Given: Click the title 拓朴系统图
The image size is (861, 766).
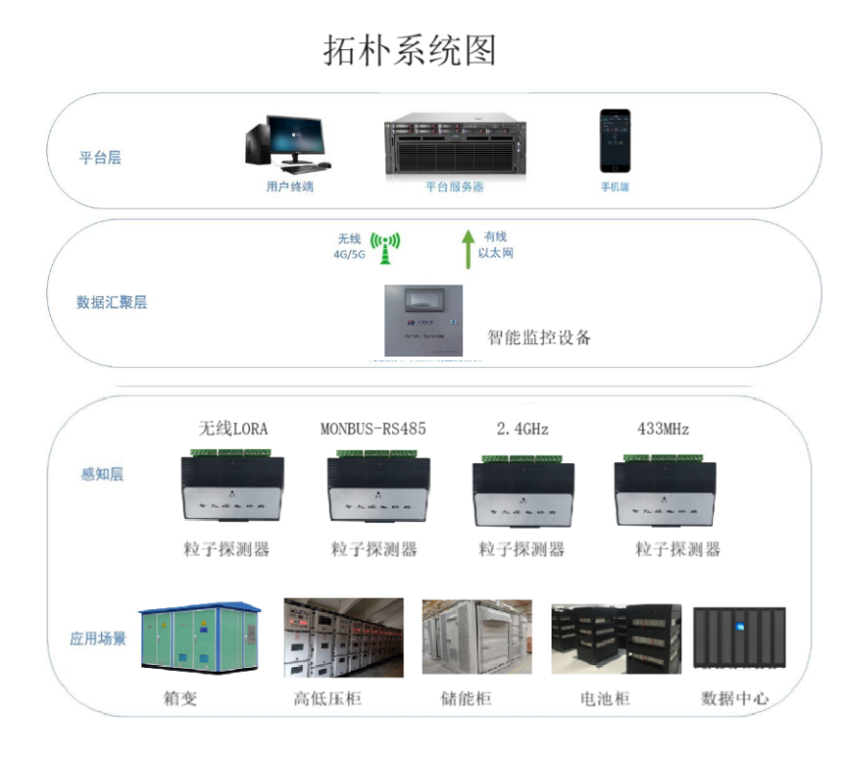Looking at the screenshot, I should click(x=409, y=51).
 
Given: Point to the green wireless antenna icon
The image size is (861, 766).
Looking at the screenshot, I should click(x=385, y=247).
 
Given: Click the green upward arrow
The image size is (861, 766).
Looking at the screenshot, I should click(x=467, y=247).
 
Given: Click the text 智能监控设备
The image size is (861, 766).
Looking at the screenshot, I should click(x=539, y=337).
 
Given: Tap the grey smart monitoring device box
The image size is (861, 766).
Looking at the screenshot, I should click(x=424, y=321).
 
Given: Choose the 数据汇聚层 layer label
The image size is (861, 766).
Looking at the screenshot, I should click(x=111, y=302).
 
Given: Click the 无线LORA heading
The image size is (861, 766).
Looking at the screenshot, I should click(x=234, y=428).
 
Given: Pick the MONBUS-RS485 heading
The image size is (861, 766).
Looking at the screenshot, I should click(x=373, y=428).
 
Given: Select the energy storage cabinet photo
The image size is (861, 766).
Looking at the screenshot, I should click(x=477, y=636).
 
